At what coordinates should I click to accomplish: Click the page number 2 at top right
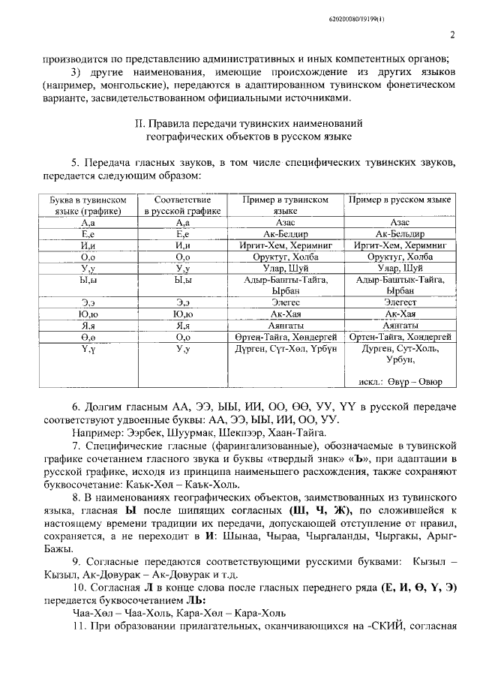coord(453,35)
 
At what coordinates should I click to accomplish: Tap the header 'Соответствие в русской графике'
coord(183,206)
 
